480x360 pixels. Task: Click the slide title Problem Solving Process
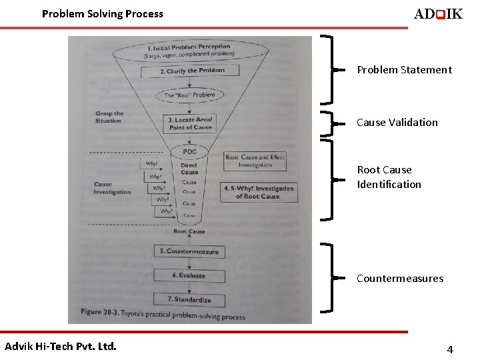pyautogui.click(x=102, y=13)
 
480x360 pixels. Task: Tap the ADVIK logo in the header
pyautogui.click(x=438, y=14)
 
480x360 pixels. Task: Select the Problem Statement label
pyautogui.click(x=404, y=69)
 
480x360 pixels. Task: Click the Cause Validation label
pyautogui.click(x=397, y=122)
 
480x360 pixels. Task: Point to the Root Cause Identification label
pyautogui.click(x=389, y=177)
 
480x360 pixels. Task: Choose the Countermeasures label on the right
pyautogui.click(x=399, y=278)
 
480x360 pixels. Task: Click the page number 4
pyautogui.click(x=450, y=349)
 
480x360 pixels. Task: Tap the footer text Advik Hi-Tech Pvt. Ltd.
pyautogui.click(x=61, y=346)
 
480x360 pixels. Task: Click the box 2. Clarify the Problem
pyautogui.click(x=192, y=71)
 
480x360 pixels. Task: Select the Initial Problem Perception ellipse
pyautogui.click(x=190, y=51)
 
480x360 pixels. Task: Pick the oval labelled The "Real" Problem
pyautogui.click(x=190, y=95)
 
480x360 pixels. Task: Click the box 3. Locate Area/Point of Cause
pyautogui.click(x=190, y=123)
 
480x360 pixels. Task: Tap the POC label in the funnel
pyautogui.click(x=190, y=152)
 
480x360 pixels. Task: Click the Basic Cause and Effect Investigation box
pyautogui.click(x=255, y=161)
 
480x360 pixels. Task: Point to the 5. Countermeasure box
pyautogui.click(x=189, y=251)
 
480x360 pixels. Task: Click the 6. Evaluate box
pyautogui.click(x=189, y=275)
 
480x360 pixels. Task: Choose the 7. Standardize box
pyautogui.click(x=189, y=299)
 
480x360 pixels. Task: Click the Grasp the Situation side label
pyautogui.click(x=109, y=117)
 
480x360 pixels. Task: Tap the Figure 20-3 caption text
pyautogui.click(x=163, y=313)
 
